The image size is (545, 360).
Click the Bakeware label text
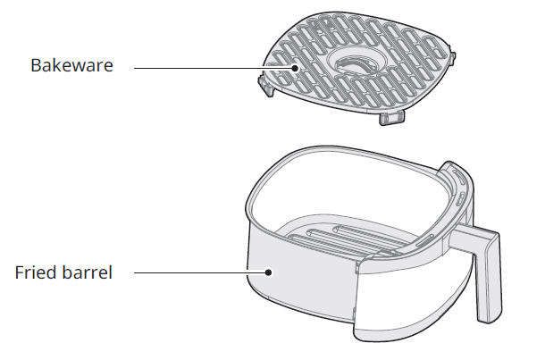point(72,65)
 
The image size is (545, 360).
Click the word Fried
point(35,272)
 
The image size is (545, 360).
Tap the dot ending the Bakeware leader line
point(295,68)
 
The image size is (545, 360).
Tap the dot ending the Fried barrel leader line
point(268,272)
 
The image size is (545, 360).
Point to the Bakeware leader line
point(214,68)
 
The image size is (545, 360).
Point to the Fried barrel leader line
point(201,272)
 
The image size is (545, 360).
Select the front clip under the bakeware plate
point(391,118)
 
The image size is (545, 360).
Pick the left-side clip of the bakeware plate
point(266,87)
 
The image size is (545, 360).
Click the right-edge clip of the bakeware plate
point(453,58)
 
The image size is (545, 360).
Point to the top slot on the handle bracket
point(458,176)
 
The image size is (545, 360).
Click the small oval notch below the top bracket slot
point(459,199)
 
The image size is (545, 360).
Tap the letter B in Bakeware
point(36,65)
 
